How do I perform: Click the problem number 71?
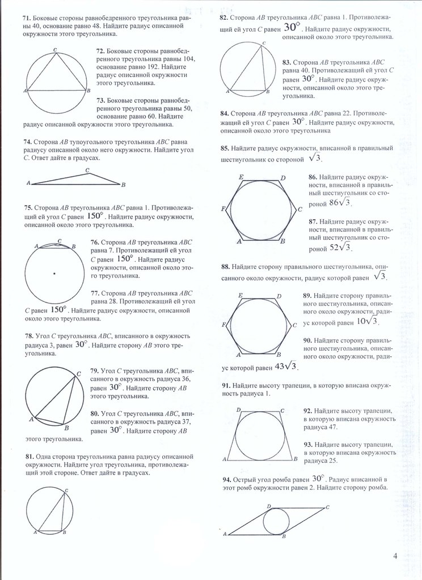point(27,19)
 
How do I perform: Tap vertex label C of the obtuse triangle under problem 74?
point(87,169)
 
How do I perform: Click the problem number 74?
point(27,141)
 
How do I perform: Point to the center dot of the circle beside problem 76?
point(54,274)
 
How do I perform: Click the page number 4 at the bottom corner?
point(395,556)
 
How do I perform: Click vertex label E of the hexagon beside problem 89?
point(240,296)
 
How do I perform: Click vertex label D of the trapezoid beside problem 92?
point(238,410)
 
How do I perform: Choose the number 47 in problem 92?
point(336,428)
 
